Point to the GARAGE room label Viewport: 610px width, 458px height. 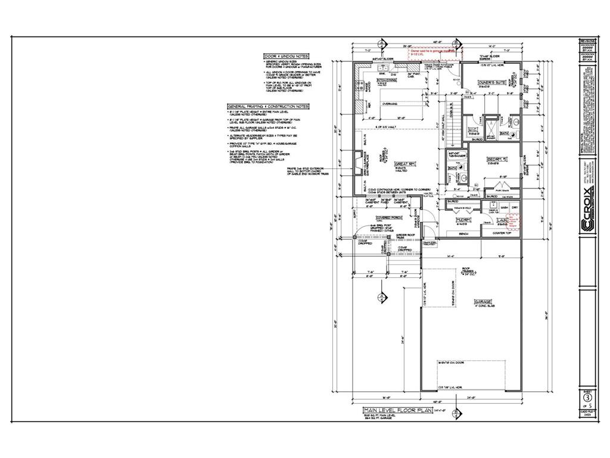482,302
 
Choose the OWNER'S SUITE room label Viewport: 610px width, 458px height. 492,81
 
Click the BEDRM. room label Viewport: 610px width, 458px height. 497,159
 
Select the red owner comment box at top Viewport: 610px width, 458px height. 433,53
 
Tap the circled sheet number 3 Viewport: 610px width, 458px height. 587,397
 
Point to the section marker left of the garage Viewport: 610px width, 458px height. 381,297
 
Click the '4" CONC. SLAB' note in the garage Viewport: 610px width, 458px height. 483,307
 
